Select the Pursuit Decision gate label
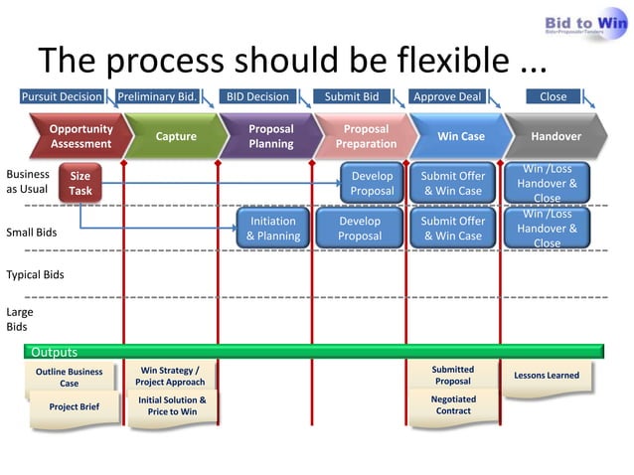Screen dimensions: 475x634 (x=62, y=97)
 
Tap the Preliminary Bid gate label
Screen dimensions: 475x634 (x=157, y=97)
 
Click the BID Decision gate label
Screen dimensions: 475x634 (x=257, y=97)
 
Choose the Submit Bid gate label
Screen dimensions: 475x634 (x=352, y=97)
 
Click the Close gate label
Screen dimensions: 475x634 (x=553, y=97)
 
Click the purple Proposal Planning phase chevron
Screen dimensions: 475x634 (x=269, y=137)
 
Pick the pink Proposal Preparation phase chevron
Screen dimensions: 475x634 (x=365, y=137)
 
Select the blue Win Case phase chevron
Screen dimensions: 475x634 (x=460, y=137)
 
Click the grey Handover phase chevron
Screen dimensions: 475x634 (x=555, y=137)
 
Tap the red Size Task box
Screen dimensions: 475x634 (x=79, y=184)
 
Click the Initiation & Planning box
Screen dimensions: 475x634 (x=272, y=229)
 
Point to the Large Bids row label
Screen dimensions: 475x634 (x=19, y=318)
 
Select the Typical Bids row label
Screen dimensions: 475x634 (x=35, y=273)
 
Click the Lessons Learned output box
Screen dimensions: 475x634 (x=547, y=377)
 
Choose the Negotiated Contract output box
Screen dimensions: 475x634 (x=452, y=405)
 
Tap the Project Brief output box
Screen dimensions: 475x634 (x=74, y=407)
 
